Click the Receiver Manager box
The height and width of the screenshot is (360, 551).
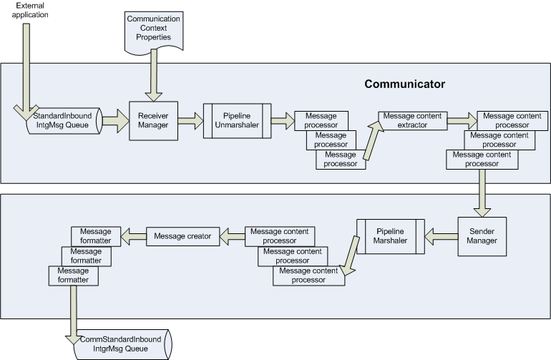pos(154,121)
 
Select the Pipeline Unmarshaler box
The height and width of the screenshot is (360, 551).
pos(237,120)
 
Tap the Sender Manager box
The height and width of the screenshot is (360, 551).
pos(482,236)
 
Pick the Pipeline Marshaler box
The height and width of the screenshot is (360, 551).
pos(391,236)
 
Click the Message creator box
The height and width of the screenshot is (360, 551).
pos(182,236)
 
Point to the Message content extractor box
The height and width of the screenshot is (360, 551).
pos(413,120)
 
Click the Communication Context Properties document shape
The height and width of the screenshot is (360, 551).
pos(154,32)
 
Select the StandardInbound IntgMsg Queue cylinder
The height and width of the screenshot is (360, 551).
pos(64,120)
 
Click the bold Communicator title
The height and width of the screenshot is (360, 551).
pos(405,84)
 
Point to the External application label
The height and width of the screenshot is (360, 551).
pos(30,10)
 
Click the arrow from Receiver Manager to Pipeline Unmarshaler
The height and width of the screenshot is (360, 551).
pos(190,121)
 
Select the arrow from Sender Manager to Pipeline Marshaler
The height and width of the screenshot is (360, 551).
pos(442,237)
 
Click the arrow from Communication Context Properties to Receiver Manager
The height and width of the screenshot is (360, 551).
pos(154,75)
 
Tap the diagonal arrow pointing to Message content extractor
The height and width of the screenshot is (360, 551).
pos(373,140)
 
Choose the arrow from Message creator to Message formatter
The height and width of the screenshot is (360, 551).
pos(134,236)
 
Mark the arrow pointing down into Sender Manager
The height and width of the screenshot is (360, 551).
pos(482,193)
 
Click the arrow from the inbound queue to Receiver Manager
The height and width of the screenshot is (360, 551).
pos(116,121)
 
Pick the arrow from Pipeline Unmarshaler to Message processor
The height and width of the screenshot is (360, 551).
pos(283,121)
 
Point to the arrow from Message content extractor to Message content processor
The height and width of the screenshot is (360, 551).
pos(462,121)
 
